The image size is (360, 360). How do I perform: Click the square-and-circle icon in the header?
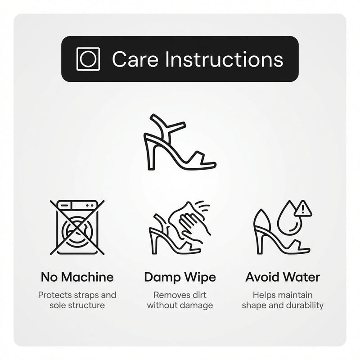(x=88, y=59)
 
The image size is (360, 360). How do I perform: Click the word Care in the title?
(x=135, y=59)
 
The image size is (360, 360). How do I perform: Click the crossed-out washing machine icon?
(x=77, y=227)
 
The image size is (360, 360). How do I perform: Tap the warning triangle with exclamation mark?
(x=303, y=208)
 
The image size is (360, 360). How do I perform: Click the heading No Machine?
(x=77, y=277)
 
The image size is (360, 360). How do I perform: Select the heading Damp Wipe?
(x=180, y=277)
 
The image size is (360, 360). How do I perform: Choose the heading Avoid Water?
(x=283, y=277)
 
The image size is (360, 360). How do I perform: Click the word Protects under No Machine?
(x=55, y=295)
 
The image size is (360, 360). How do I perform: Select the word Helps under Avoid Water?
(x=263, y=295)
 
